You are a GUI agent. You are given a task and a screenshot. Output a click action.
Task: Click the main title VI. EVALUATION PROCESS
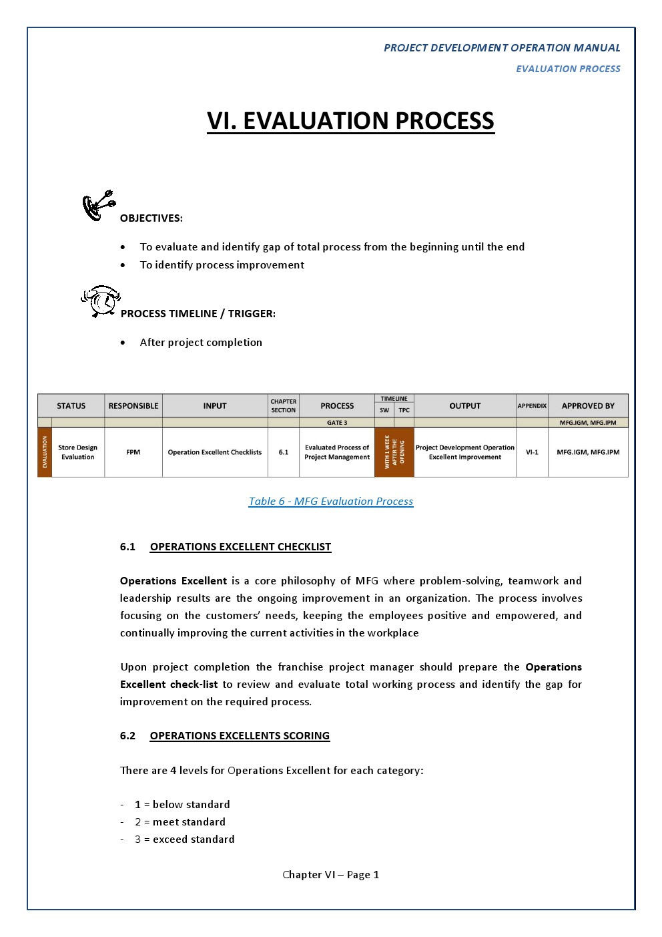coord(350,121)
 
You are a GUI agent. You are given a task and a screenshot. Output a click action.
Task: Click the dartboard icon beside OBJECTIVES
coord(98,206)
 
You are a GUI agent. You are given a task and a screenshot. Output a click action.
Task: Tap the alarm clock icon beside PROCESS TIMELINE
coord(101,301)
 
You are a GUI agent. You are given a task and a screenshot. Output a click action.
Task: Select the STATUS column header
coord(71,405)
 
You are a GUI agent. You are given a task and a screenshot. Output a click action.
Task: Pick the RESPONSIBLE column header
coord(133,405)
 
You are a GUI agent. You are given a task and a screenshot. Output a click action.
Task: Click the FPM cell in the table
coord(133,452)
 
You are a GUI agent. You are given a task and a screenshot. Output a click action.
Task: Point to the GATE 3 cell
coord(337,423)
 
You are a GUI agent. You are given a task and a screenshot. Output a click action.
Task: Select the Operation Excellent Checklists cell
coord(215,452)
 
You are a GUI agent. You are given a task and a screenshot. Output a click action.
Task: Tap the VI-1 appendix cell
coord(532,452)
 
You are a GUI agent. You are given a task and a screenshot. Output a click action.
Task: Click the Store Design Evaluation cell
coord(77,452)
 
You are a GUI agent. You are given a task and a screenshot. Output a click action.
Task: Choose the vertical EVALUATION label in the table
coord(45,452)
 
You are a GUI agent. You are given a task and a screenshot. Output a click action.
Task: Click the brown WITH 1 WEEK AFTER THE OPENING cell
coord(394,452)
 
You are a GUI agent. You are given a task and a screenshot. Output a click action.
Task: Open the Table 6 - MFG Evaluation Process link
coord(331,502)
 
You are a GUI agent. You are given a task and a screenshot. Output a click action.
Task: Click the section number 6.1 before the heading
coord(127,547)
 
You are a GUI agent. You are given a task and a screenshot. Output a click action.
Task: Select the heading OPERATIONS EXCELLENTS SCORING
coord(240,736)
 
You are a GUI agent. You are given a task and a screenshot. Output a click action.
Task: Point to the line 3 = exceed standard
coord(185,839)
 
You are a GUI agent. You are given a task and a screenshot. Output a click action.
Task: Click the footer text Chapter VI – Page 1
coord(331,875)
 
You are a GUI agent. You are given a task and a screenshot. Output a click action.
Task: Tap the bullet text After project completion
coord(201,343)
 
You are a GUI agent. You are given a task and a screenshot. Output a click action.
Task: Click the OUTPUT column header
coord(465,405)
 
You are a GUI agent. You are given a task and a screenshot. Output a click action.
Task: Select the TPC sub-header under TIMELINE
coord(404,410)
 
